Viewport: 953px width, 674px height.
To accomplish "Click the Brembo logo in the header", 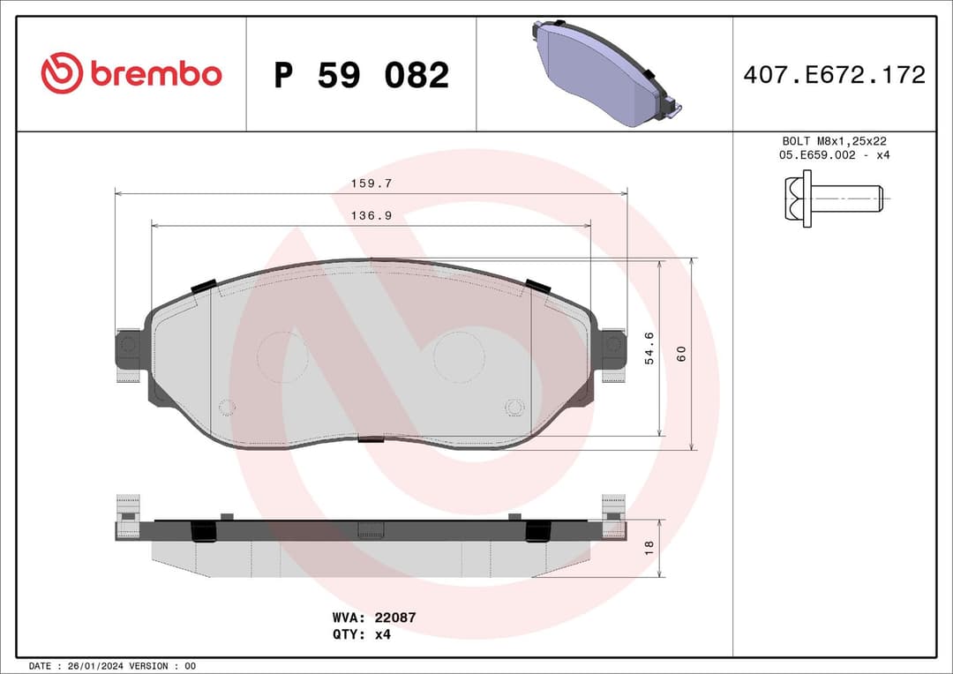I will (131, 74).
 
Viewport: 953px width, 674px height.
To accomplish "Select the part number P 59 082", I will (361, 76).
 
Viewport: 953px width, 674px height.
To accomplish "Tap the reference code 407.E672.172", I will (834, 75).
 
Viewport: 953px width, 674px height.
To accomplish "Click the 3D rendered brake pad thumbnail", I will (605, 73).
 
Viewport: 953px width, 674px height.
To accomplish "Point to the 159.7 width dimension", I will (371, 183).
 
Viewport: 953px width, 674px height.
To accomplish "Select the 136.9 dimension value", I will (371, 215).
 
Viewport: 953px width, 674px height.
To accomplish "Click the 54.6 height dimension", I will (649, 348).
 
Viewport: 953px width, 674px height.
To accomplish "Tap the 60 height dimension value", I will (680, 353).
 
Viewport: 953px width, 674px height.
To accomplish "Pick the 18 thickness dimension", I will (649, 547).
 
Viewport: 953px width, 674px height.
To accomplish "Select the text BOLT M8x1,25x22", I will (834, 141).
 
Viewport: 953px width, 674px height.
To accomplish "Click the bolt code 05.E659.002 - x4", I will (834, 155).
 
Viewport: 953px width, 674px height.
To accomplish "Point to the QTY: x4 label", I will (362, 633).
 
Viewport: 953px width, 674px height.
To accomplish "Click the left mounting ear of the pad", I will (129, 347).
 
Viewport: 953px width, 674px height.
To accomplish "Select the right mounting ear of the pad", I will (612, 347).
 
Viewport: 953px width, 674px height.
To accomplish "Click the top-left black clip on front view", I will (204, 286).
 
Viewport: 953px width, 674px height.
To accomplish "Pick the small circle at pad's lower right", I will (514, 407).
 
